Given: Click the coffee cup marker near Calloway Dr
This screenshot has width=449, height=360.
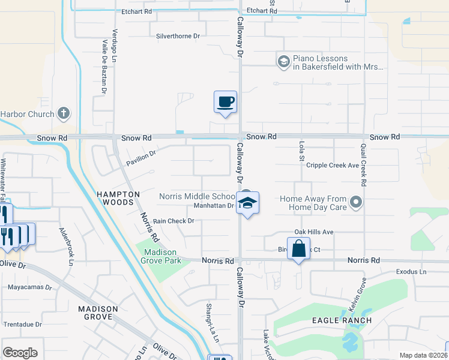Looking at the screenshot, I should click(225, 102).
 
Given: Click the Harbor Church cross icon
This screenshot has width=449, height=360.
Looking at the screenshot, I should click(64, 113).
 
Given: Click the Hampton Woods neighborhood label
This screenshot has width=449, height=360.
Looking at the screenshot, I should click(118, 199).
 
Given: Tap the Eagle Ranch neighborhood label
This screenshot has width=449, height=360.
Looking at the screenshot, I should click(342, 320).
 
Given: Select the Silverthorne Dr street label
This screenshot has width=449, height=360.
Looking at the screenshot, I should click(178, 36).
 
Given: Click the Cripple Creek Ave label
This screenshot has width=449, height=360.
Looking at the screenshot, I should click(333, 166).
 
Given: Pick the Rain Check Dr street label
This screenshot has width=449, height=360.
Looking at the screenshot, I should click(173, 221).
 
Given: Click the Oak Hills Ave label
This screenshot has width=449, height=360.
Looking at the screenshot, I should click(313, 232).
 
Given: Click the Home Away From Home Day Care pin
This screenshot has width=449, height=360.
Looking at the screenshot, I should click(356, 202).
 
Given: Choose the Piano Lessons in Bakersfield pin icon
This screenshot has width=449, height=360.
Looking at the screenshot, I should click(283, 61).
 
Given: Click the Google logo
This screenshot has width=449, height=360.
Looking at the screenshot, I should click(20, 353).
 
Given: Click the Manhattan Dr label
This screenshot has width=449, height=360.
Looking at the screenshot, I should click(214, 206).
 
